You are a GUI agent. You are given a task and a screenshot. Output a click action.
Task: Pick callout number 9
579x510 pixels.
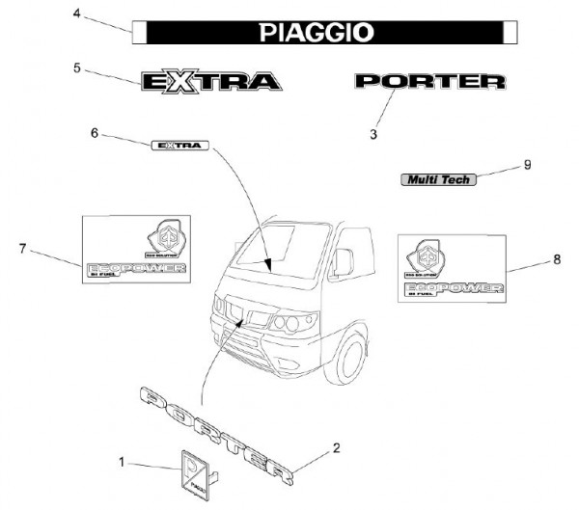click(528, 164)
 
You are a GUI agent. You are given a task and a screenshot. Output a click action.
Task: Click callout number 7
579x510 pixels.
click(21, 249)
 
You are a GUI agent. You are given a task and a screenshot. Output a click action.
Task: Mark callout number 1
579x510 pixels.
click(122, 462)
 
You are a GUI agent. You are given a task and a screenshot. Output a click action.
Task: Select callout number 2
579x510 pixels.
click(336, 447)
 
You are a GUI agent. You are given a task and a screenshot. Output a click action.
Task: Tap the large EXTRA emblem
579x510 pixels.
click(211, 80)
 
